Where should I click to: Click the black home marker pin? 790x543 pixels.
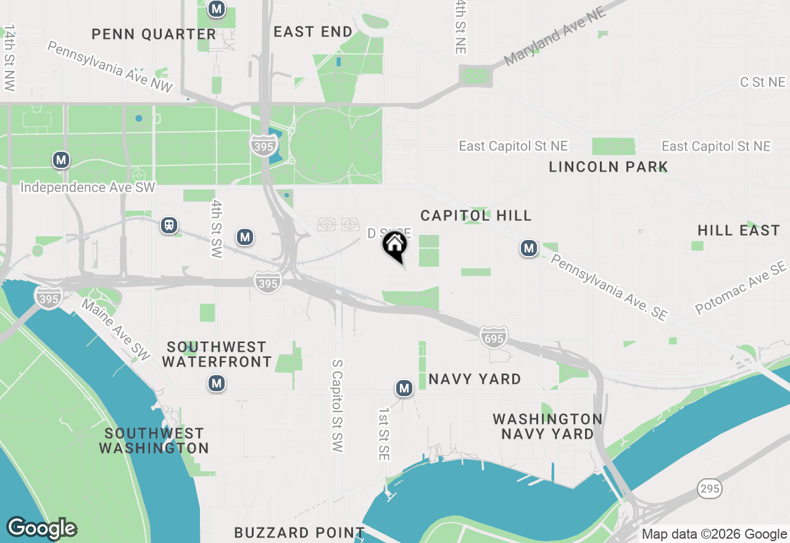[395, 246]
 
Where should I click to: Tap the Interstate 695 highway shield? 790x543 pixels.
[494, 336]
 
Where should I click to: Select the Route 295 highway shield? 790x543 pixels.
[710, 489]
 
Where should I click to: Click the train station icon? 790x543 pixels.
[169, 225]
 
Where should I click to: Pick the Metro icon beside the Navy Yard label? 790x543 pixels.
[404, 388]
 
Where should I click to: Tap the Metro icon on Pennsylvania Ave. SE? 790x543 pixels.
[528, 249]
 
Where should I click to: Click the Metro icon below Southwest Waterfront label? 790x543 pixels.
[216, 384]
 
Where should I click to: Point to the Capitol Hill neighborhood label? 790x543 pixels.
[476, 215]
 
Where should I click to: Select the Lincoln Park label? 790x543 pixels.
[608, 167]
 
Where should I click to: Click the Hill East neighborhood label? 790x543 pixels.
[739, 231]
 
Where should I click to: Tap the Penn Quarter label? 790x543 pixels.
[154, 35]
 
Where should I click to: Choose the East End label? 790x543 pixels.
[313, 31]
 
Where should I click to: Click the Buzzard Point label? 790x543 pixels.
[299, 532]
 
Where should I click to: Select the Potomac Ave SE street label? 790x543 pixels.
[741, 288]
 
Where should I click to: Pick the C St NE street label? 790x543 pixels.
[763, 82]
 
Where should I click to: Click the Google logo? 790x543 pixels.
[42, 529]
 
